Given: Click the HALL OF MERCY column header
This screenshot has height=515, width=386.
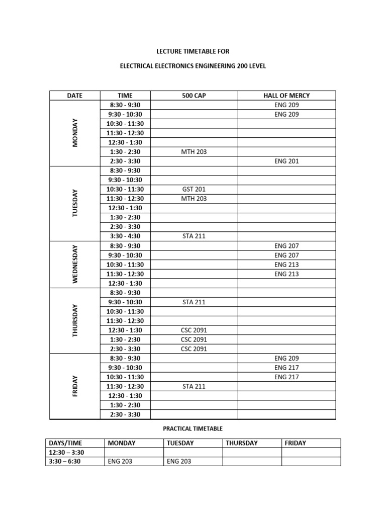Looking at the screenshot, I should (286, 96).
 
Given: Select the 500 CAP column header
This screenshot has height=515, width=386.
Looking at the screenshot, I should (194, 96).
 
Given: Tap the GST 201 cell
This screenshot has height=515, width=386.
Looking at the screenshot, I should (194, 189).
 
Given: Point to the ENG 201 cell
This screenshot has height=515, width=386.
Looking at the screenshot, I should (286, 161).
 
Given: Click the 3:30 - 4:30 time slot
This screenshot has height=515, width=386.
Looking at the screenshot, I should (125, 236).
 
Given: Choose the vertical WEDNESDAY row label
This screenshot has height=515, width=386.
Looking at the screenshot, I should (75, 264).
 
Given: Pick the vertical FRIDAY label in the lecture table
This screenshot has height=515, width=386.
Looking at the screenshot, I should (75, 386).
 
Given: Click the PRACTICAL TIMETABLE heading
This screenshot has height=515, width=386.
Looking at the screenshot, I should (192, 428).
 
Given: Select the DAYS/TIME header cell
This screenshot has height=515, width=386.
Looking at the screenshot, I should (65, 443).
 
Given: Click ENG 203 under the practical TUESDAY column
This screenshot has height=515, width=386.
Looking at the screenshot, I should (179, 461).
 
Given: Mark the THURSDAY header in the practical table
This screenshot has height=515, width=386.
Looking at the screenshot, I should (242, 443).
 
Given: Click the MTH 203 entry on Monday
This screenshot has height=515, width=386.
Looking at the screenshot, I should (194, 151).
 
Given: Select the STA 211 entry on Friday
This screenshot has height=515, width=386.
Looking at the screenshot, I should (194, 386).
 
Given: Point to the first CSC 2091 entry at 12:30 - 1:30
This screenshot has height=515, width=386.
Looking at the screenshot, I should (194, 330).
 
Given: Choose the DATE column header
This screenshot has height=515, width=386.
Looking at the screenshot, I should (74, 96).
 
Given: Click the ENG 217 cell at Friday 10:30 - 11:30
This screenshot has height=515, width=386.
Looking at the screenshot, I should (286, 377).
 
